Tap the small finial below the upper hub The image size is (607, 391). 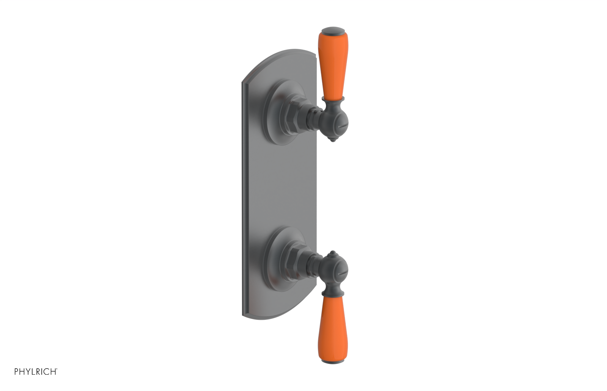coord(333,140)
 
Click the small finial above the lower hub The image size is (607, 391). coord(333,253)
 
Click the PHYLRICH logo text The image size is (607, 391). coord(36,371)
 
